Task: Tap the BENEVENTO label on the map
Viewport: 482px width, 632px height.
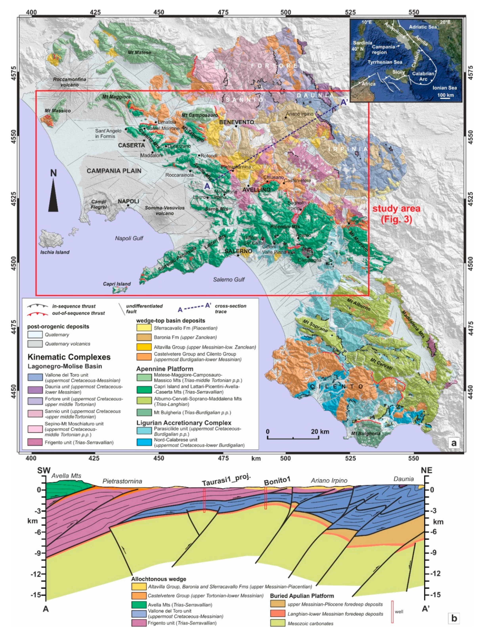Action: [x=236, y=122]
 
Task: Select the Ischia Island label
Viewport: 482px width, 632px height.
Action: [x=55, y=252]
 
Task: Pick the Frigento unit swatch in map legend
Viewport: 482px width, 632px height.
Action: [x=35, y=442]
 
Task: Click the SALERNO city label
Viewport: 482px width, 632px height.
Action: [x=238, y=251]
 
